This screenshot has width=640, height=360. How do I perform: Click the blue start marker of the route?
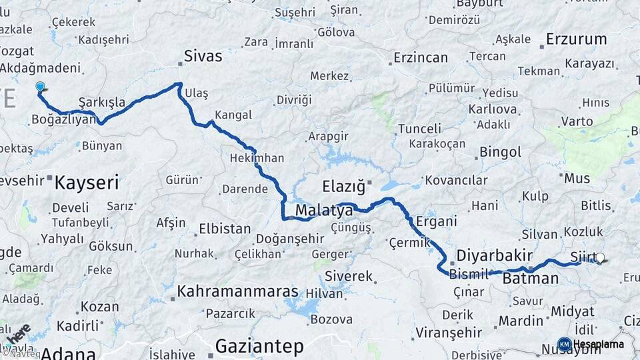[x=40, y=87]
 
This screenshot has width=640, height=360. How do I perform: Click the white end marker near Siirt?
[x=600, y=257]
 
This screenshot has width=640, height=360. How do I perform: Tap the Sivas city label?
[x=203, y=55]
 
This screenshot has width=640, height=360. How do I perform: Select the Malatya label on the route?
[x=323, y=211]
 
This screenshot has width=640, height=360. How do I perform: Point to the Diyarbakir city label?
[x=494, y=255]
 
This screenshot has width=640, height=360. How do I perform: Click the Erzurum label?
[x=576, y=39]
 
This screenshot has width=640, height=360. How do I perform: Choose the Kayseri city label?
[x=87, y=181]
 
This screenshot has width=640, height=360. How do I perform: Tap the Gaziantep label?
[x=259, y=346]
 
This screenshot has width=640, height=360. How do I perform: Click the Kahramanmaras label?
[x=237, y=291]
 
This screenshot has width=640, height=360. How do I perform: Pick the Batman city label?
[x=531, y=278]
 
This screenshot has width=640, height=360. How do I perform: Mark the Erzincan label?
[x=420, y=57]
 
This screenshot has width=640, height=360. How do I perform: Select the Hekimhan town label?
[x=257, y=159]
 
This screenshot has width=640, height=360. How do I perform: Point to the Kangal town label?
[x=234, y=115]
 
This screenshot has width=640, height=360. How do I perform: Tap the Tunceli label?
[x=419, y=128]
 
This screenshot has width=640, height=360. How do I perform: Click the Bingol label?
[x=500, y=151]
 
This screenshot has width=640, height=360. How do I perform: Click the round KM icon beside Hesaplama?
[x=564, y=344]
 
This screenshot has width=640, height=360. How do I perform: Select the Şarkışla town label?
[x=102, y=102]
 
